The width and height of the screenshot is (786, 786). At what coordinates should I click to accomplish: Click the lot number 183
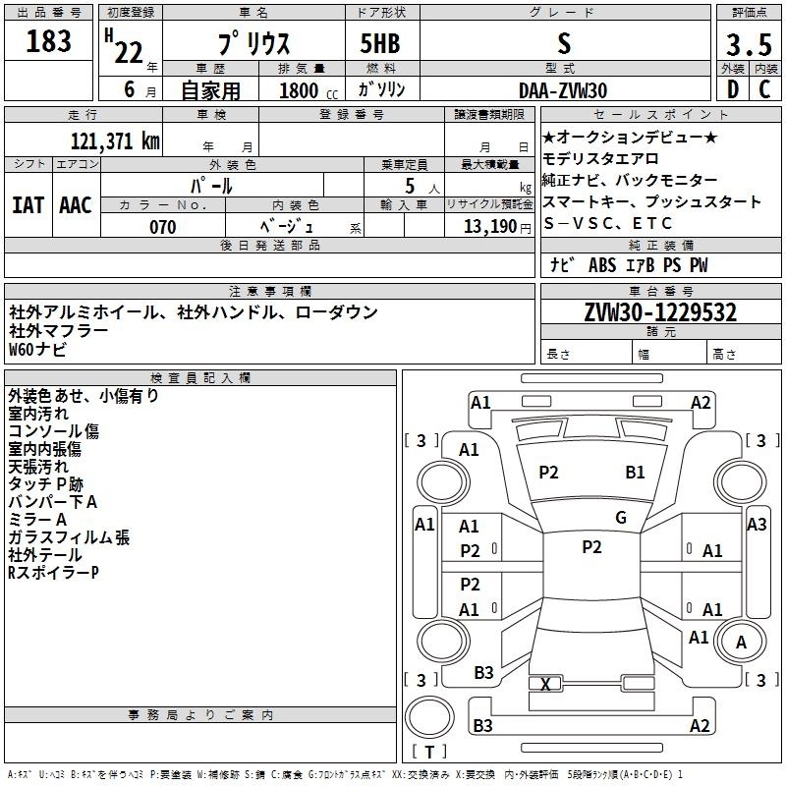pyautogui.click(x=48, y=41)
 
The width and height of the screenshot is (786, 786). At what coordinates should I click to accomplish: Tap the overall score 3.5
pyautogui.click(x=749, y=44)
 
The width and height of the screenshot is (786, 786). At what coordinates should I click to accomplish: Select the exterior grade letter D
pyautogui.click(x=733, y=89)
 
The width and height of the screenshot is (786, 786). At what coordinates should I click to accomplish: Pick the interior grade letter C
pyautogui.click(x=764, y=89)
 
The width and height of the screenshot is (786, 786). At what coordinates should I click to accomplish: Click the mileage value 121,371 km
pyautogui.click(x=115, y=141)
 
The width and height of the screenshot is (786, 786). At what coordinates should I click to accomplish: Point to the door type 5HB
pyautogui.click(x=380, y=43)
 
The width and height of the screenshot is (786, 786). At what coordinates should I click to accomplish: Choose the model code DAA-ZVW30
pyautogui.click(x=563, y=90)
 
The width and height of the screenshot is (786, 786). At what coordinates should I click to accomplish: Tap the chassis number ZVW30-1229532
pyautogui.click(x=660, y=312)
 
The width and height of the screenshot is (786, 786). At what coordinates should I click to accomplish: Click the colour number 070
pyautogui.click(x=163, y=227)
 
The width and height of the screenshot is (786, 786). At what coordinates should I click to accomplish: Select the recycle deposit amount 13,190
pyautogui.click(x=490, y=227)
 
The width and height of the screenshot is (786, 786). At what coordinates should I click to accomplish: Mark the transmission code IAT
pyautogui.click(x=28, y=205)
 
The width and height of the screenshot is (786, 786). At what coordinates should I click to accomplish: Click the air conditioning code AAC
pyautogui.click(x=76, y=205)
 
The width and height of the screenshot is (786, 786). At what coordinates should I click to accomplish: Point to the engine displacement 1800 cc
pyautogui.click(x=309, y=90)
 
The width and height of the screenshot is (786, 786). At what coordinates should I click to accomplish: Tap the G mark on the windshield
pyautogui.click(x=621, y=518)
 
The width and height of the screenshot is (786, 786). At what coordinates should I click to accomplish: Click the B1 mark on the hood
pyautogui.click(x=635, y=473)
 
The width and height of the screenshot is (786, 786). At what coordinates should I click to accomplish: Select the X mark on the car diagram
pyautogui.click(x=545, y=684)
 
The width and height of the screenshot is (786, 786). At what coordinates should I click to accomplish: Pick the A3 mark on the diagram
pyautogui.click(x=757, y=525)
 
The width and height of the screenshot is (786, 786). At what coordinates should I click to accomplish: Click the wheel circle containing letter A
pyautogui.click(x=741, y=642)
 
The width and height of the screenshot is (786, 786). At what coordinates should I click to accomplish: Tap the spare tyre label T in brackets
pyautogui.click(x=429, y=752)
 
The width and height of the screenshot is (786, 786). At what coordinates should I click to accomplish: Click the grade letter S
pyautogui.click(x=564, y=43)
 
